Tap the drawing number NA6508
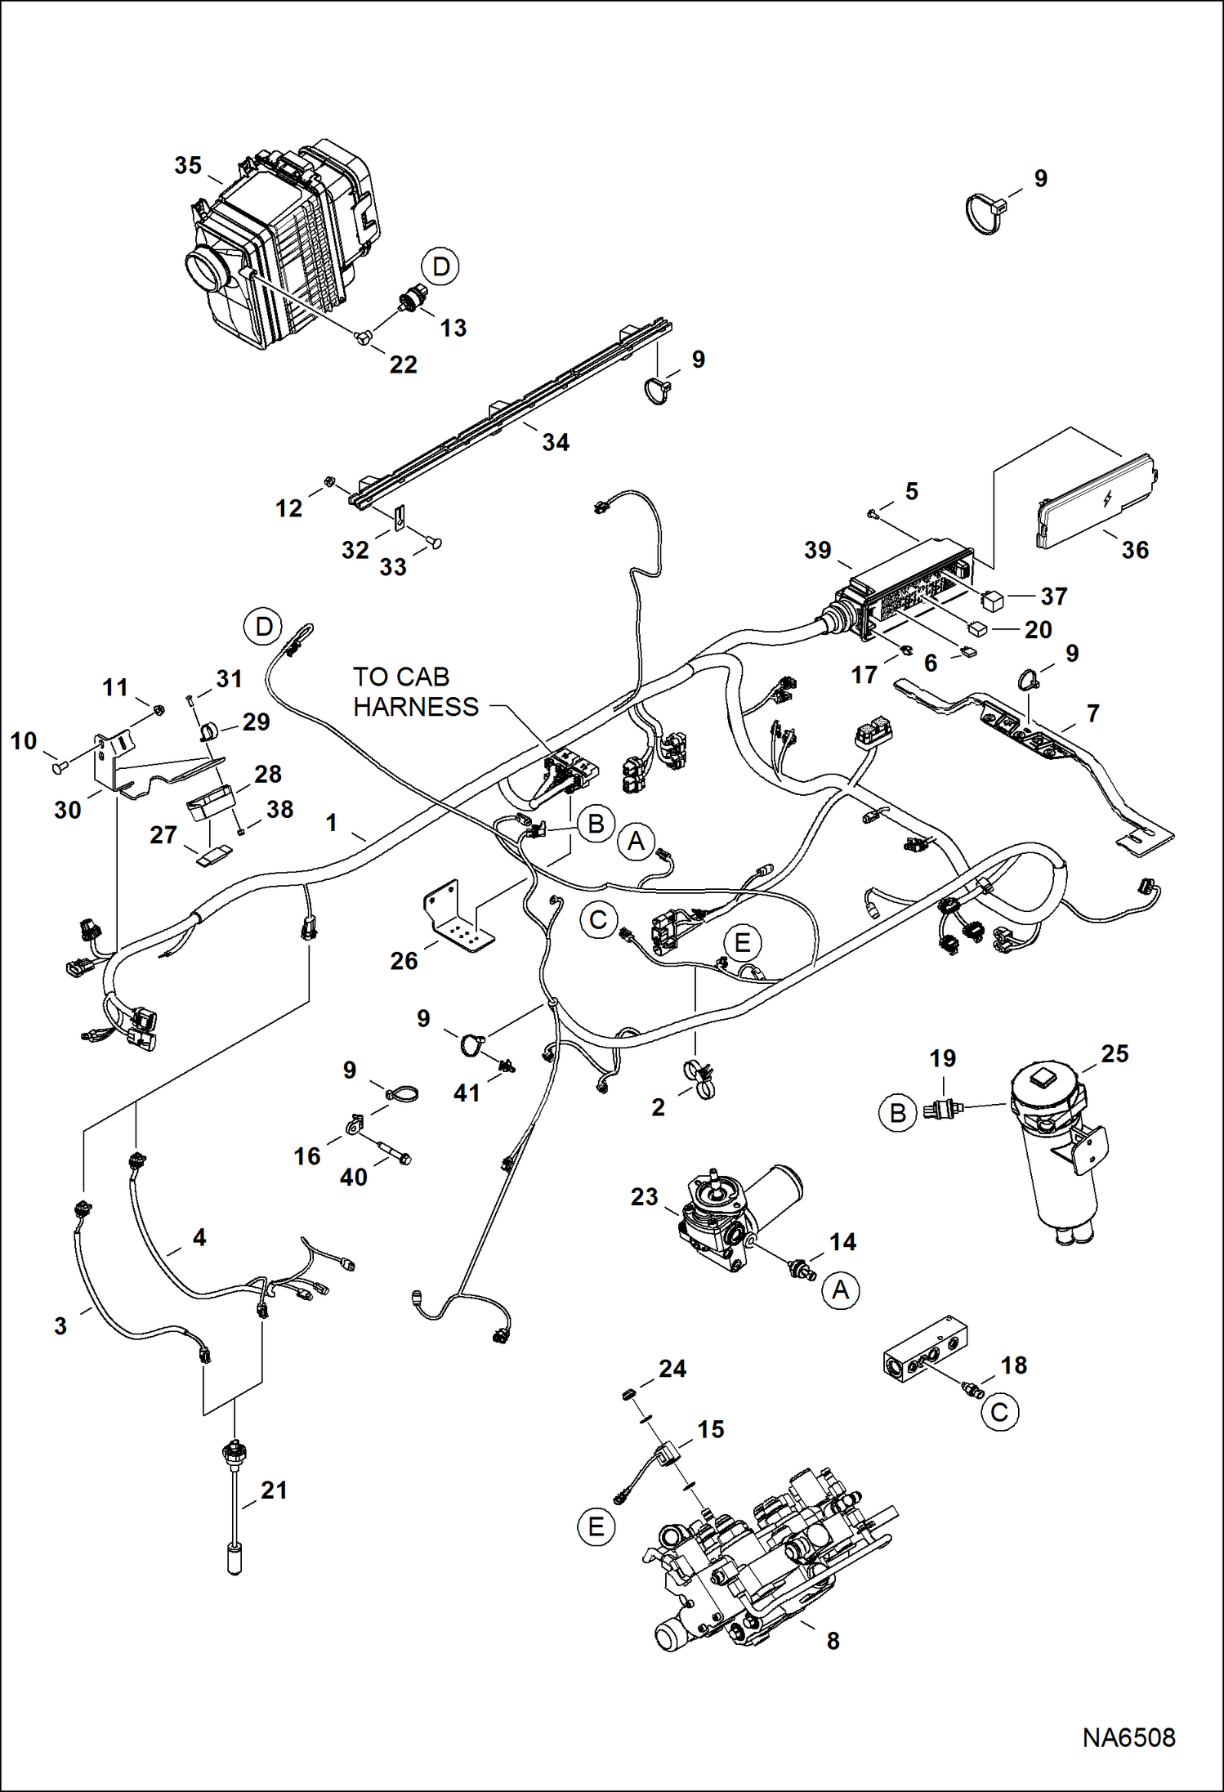[x=1128, y=1737]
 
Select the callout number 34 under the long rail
[x=556, y=442]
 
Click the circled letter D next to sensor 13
[x=440, y=266]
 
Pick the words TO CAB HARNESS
[x=415, y=691]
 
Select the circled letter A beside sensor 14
[x=840, y=1290]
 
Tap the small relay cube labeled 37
[x=992, y=601]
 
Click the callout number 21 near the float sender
[x=274, y=1490]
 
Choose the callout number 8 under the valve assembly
[x=833, y=1640]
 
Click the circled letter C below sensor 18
[x=999, y=1412]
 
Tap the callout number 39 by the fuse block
[x=817, y=550]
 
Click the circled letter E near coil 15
[x=596, y=1526]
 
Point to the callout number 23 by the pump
[x=644, y=1196]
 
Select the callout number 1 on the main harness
[x=331, y=822]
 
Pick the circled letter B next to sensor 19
[x=897, y=1113]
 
